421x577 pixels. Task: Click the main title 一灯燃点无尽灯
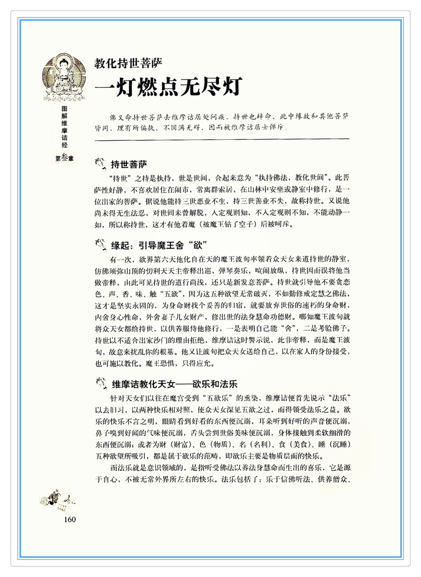(168, 86)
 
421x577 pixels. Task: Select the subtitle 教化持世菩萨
(128, 64)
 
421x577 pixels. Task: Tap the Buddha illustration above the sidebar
(64, 77)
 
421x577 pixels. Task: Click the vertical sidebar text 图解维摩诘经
(64, 127)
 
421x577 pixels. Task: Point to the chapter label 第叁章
(64, 158)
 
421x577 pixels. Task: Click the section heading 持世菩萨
(129, 164)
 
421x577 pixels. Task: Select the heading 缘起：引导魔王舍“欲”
(159, 245)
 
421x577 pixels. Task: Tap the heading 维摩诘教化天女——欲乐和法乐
(175, 384)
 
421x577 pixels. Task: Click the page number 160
(70, 520)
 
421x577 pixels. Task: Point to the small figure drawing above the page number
(57, 499)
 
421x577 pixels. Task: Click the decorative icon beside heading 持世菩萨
(101, 164)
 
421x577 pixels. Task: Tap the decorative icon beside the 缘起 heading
(101, 244)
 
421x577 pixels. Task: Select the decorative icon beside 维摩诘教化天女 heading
(101, 383)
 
